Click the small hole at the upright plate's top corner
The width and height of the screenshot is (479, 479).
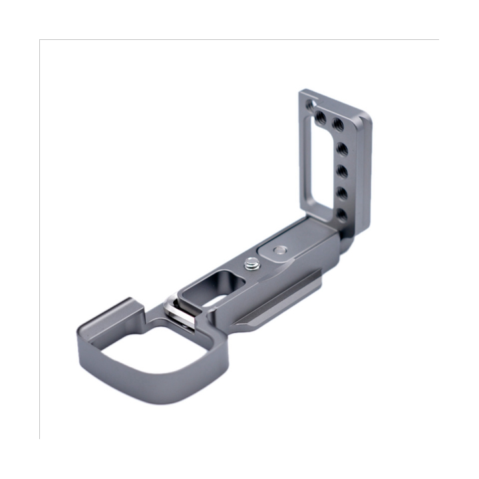click(x=307, y=104)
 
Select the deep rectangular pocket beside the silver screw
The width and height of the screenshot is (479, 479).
click(x=207, y=287)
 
